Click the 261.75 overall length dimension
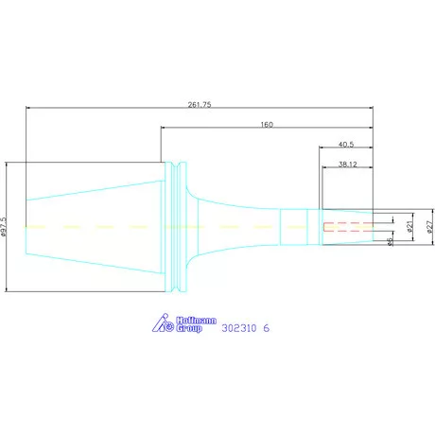coord(200,105)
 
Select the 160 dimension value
coord(267,125)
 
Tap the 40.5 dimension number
coord(346,145)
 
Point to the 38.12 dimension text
coord(348,165)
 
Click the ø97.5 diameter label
coord(4,227)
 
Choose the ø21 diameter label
coord(409,226)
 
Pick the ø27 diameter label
coord(429,227)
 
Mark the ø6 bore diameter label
coord(391,242)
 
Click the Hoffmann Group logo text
coord(196,324)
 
